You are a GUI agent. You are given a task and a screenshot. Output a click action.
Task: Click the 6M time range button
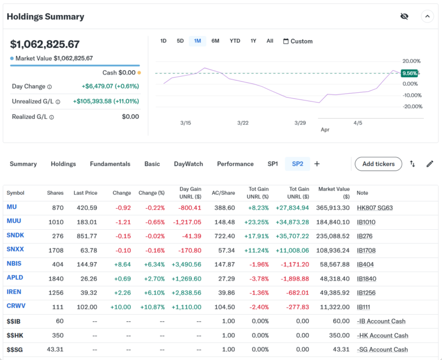tap(215, 41)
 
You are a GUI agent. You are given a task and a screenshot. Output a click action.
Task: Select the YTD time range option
tap(235, 41)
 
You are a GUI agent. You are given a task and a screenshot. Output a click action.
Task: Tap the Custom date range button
tap(298, 41)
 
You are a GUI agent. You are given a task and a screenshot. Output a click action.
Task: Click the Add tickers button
tap(378, 164)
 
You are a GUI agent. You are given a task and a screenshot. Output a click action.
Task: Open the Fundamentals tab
tap(110, 164)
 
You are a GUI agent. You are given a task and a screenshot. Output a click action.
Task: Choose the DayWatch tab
tap(188, 164)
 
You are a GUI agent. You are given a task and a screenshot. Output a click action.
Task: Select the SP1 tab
tap(273, 164)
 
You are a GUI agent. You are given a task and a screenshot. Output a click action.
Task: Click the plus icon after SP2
tap(317, 164)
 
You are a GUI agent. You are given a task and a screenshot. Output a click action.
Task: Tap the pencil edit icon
tap(430, 164)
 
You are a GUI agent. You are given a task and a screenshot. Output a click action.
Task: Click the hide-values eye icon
tap(404, 17)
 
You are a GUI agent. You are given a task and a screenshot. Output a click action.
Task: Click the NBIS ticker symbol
tap(14, 264)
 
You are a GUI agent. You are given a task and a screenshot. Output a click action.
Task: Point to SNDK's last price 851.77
tap(86, 236)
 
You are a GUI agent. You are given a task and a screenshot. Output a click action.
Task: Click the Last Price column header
tap(85, 193)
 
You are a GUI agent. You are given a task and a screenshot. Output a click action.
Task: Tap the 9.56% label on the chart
tap(409, 73)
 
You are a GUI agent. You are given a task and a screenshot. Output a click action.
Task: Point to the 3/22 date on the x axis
tap(243, 123)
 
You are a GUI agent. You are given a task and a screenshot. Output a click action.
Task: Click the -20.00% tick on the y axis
tap(412, 107)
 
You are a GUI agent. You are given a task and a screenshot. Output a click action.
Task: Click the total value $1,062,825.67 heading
tap(45, 44)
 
